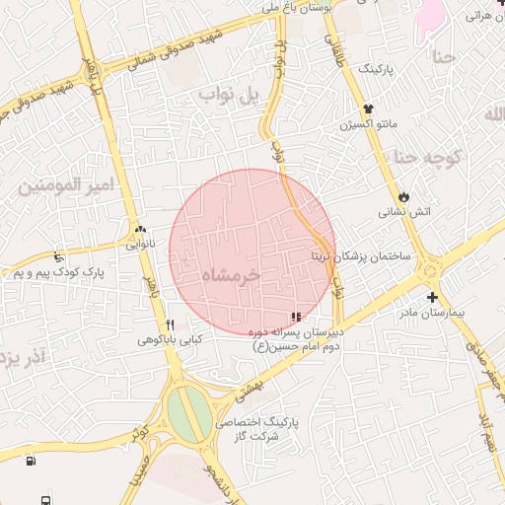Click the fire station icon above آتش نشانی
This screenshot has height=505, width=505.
[403, 195]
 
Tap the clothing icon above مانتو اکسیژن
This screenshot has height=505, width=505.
[368, 108]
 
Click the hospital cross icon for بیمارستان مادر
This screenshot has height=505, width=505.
[431, 297]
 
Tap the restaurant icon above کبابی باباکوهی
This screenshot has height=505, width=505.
[170, 325]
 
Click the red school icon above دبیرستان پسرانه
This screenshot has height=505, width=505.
[296, 318]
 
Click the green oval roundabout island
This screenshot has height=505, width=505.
[187, 414]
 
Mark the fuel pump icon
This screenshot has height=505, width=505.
[31, 460]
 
